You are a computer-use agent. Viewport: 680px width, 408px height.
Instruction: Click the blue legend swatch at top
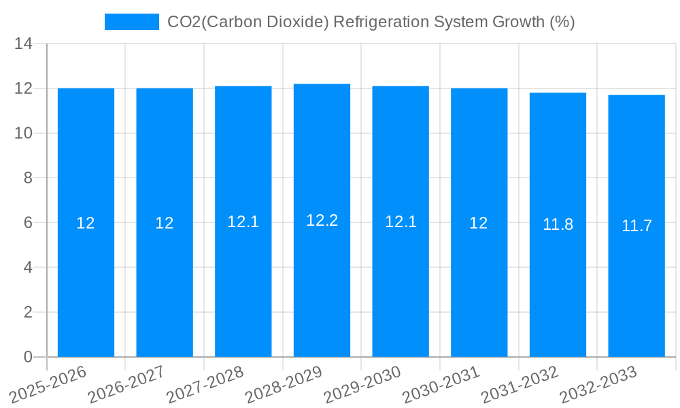click(x=131, y=22)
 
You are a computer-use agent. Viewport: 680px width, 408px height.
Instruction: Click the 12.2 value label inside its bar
click(x=322, y=220)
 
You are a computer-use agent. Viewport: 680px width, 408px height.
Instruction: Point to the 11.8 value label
click(x=558, y=224)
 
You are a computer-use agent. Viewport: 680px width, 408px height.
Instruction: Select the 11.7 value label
click(x=636, y=226)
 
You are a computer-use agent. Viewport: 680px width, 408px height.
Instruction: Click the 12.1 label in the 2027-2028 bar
click(x=243, y=222)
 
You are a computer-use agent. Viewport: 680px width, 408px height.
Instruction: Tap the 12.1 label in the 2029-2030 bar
click(x=401, y=222)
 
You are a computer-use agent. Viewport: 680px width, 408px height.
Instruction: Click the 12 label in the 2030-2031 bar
click(x=479, y=223)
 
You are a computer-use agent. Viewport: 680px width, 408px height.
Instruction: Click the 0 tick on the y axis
click(x=28, y=357)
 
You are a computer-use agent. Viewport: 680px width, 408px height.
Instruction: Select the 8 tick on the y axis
click(x=28, y=178)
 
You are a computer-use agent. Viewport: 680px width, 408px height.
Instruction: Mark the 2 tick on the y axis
click(x=28, y=312)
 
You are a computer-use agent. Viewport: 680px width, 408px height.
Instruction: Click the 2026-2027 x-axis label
click(x=125, y=384)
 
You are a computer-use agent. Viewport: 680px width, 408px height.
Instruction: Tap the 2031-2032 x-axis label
click(x=520, y=384)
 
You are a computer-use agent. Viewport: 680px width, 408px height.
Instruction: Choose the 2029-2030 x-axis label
click(x=362, y=384)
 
